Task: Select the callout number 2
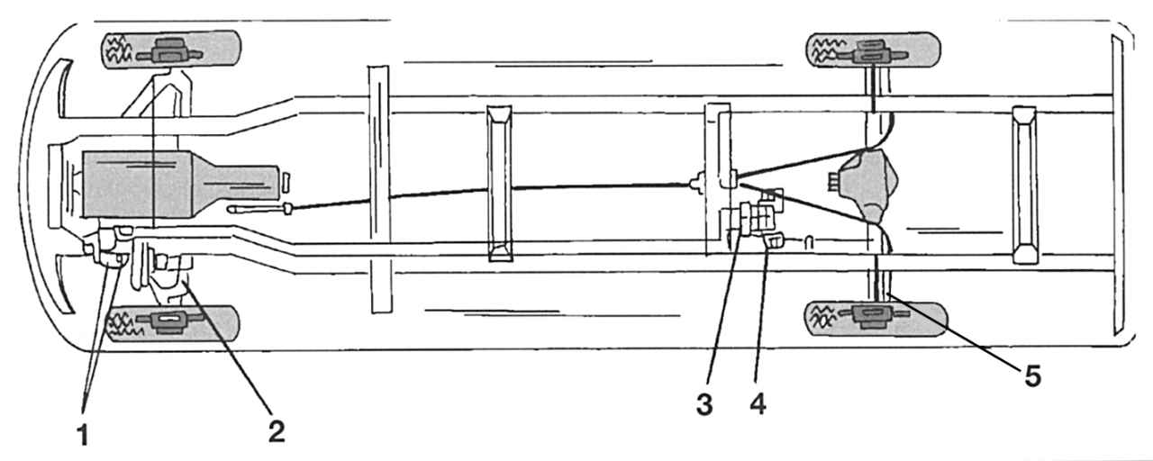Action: [x=277, y=431]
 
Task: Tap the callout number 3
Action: [x=704, y=404]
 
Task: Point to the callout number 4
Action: [x=758, y=404]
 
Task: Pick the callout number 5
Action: [x=1032, y=375]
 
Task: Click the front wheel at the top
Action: [x=171, y=50]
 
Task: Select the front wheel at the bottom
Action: [x=172, y=323]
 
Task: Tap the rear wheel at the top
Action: [x=873, y=50]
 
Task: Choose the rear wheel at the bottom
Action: [x=875, y=319]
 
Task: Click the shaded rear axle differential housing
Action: [x=866, y=185]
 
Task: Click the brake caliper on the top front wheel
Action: [x=168, y=50]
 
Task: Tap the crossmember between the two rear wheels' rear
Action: [x=1024, y=185]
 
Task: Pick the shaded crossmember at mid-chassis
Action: [x=499, y=183]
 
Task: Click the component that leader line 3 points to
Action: [x=745, y=221]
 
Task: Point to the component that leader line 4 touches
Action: [x=772, y=240]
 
